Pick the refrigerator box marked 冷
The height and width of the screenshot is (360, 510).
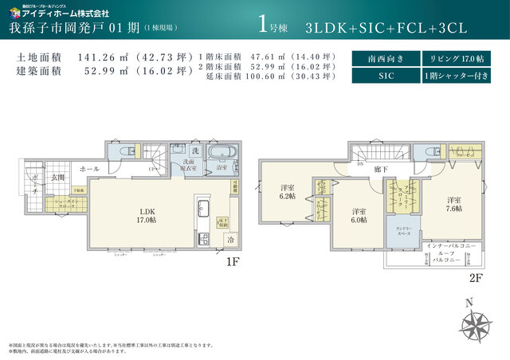[x=229, y=239]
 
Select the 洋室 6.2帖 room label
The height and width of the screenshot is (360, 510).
[x=287, y=191]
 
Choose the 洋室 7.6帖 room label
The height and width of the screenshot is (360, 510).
[x=453, y=205]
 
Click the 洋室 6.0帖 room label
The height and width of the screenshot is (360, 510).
[x=359, y=216]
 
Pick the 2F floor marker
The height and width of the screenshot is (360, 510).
[x=476, y=277]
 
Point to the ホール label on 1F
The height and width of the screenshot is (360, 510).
[x=89, y=169]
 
